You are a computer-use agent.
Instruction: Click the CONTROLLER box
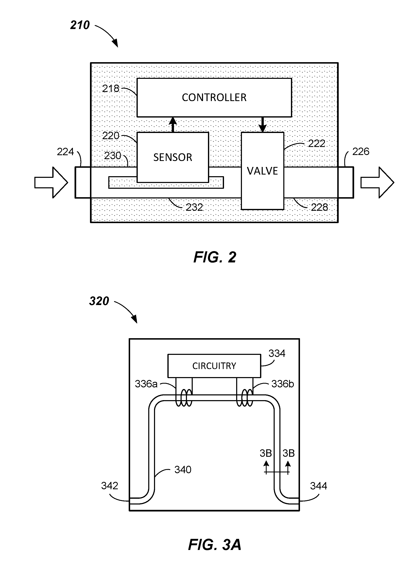(214, 97)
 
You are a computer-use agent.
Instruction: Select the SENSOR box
(173, 157)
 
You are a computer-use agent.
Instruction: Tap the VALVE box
(262, 171)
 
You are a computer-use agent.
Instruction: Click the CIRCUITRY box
(214, 366)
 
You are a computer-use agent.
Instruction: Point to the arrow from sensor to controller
(173, 125)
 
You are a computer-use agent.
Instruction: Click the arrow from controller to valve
(263, 125)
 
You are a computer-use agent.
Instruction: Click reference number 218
(111, 89)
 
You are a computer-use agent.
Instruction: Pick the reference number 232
(194, 207)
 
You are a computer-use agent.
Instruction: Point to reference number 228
(319, 207)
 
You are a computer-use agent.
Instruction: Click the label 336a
(146, 384)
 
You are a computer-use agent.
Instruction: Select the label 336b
(282, 384)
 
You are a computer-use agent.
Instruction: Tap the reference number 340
(183, 470)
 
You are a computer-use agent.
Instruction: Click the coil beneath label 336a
(184, 398)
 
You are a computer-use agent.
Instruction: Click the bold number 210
(80, 25)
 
